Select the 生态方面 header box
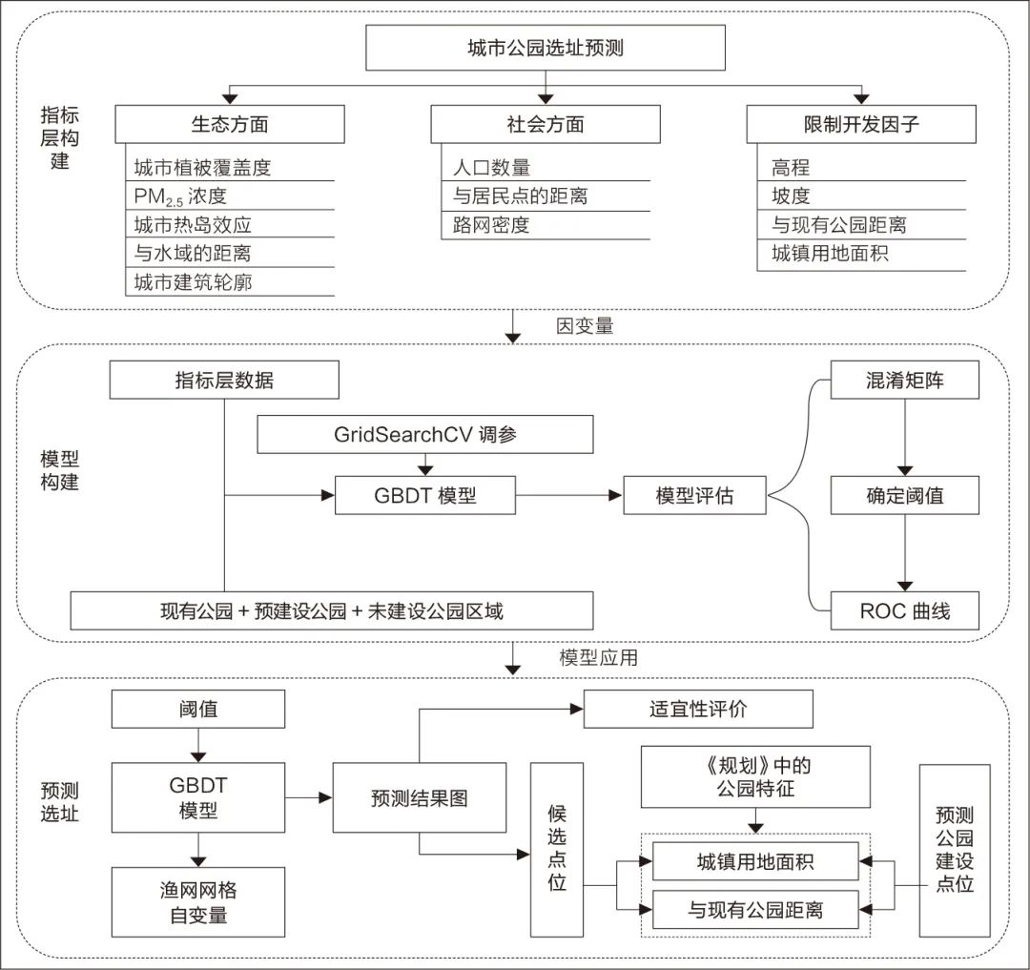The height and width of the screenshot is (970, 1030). [x=229, y=124]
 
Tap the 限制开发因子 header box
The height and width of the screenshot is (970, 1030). [x=861, y=124]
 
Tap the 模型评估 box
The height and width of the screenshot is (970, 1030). [x=695, y=496]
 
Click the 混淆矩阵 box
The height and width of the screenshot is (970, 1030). [x=905, y=381]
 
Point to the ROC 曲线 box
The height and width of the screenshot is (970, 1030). [x=905, y=610]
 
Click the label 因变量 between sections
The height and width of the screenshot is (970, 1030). [x=585, y=326]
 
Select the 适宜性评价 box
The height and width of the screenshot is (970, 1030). [x=698, y=710]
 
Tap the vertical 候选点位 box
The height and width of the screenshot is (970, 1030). [x=558, y=849]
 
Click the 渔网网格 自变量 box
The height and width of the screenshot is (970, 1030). [x=197, y=902]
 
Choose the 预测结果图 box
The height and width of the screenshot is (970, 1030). [x=420, y=798]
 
